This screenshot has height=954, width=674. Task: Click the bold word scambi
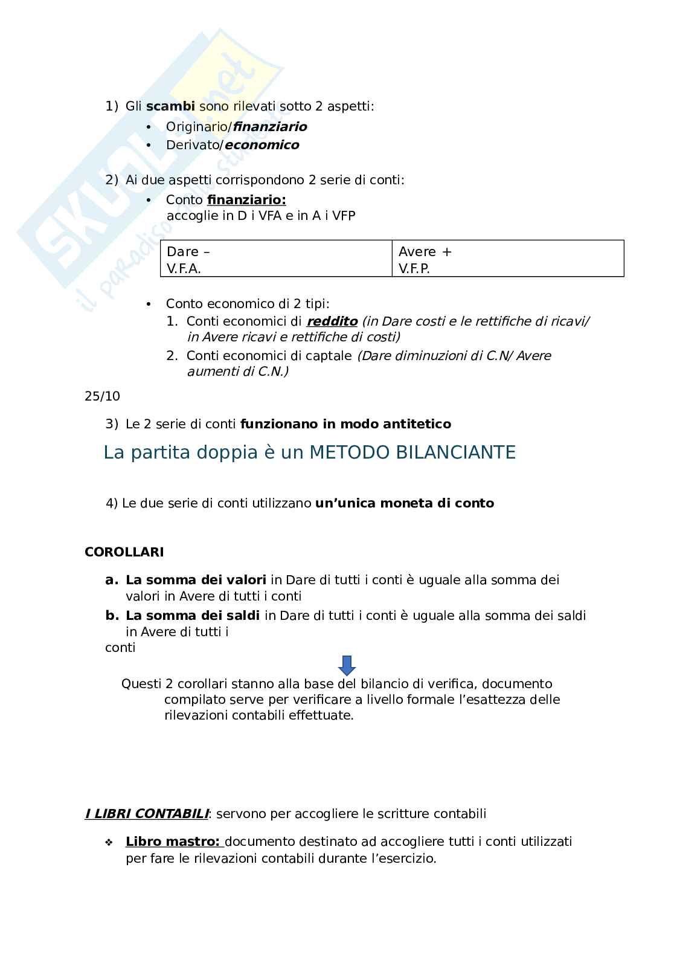[170, 106]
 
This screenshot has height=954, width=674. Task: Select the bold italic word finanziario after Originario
[270, 127]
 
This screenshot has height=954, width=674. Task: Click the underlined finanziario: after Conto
[246, 200]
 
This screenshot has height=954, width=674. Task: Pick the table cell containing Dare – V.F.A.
[276, 259]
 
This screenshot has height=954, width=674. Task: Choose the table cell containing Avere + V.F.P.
[507, 259]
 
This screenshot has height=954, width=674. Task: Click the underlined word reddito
[332, 321]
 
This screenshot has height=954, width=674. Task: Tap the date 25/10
[102, 396]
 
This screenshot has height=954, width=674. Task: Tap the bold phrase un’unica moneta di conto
[405, 503]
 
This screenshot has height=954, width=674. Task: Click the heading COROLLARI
[124, 552]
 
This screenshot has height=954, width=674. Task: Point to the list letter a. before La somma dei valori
[111, 580]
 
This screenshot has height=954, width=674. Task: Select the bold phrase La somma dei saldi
[193, 616]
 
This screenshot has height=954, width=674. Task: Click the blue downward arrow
[347, 665]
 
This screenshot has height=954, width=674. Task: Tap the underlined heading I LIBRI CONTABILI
[147, 814]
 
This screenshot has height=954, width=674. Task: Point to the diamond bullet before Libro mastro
[109, 842]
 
